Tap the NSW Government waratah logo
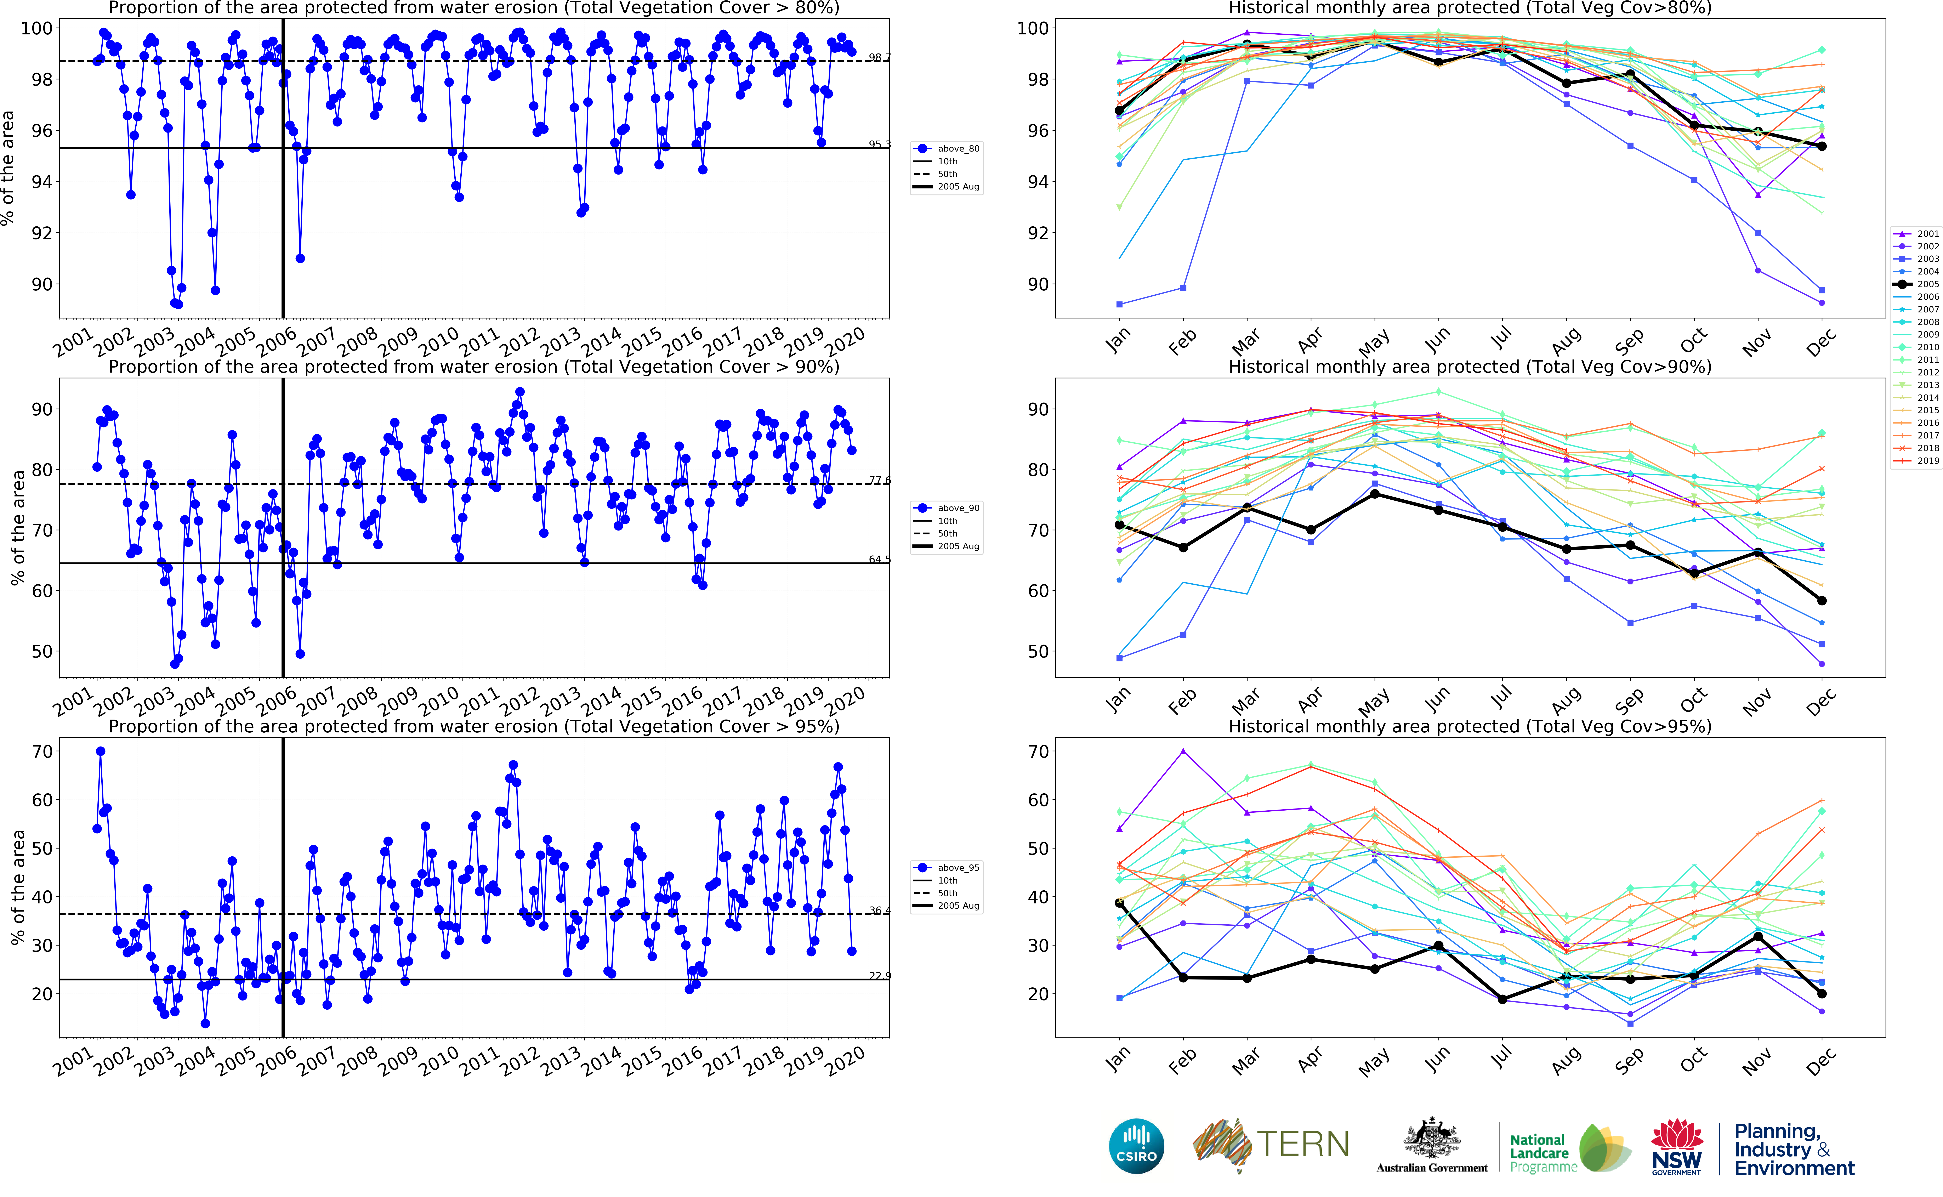pos(1676,1146)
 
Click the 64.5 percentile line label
pos(879,560)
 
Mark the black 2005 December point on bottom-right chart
pos(1821,994)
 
